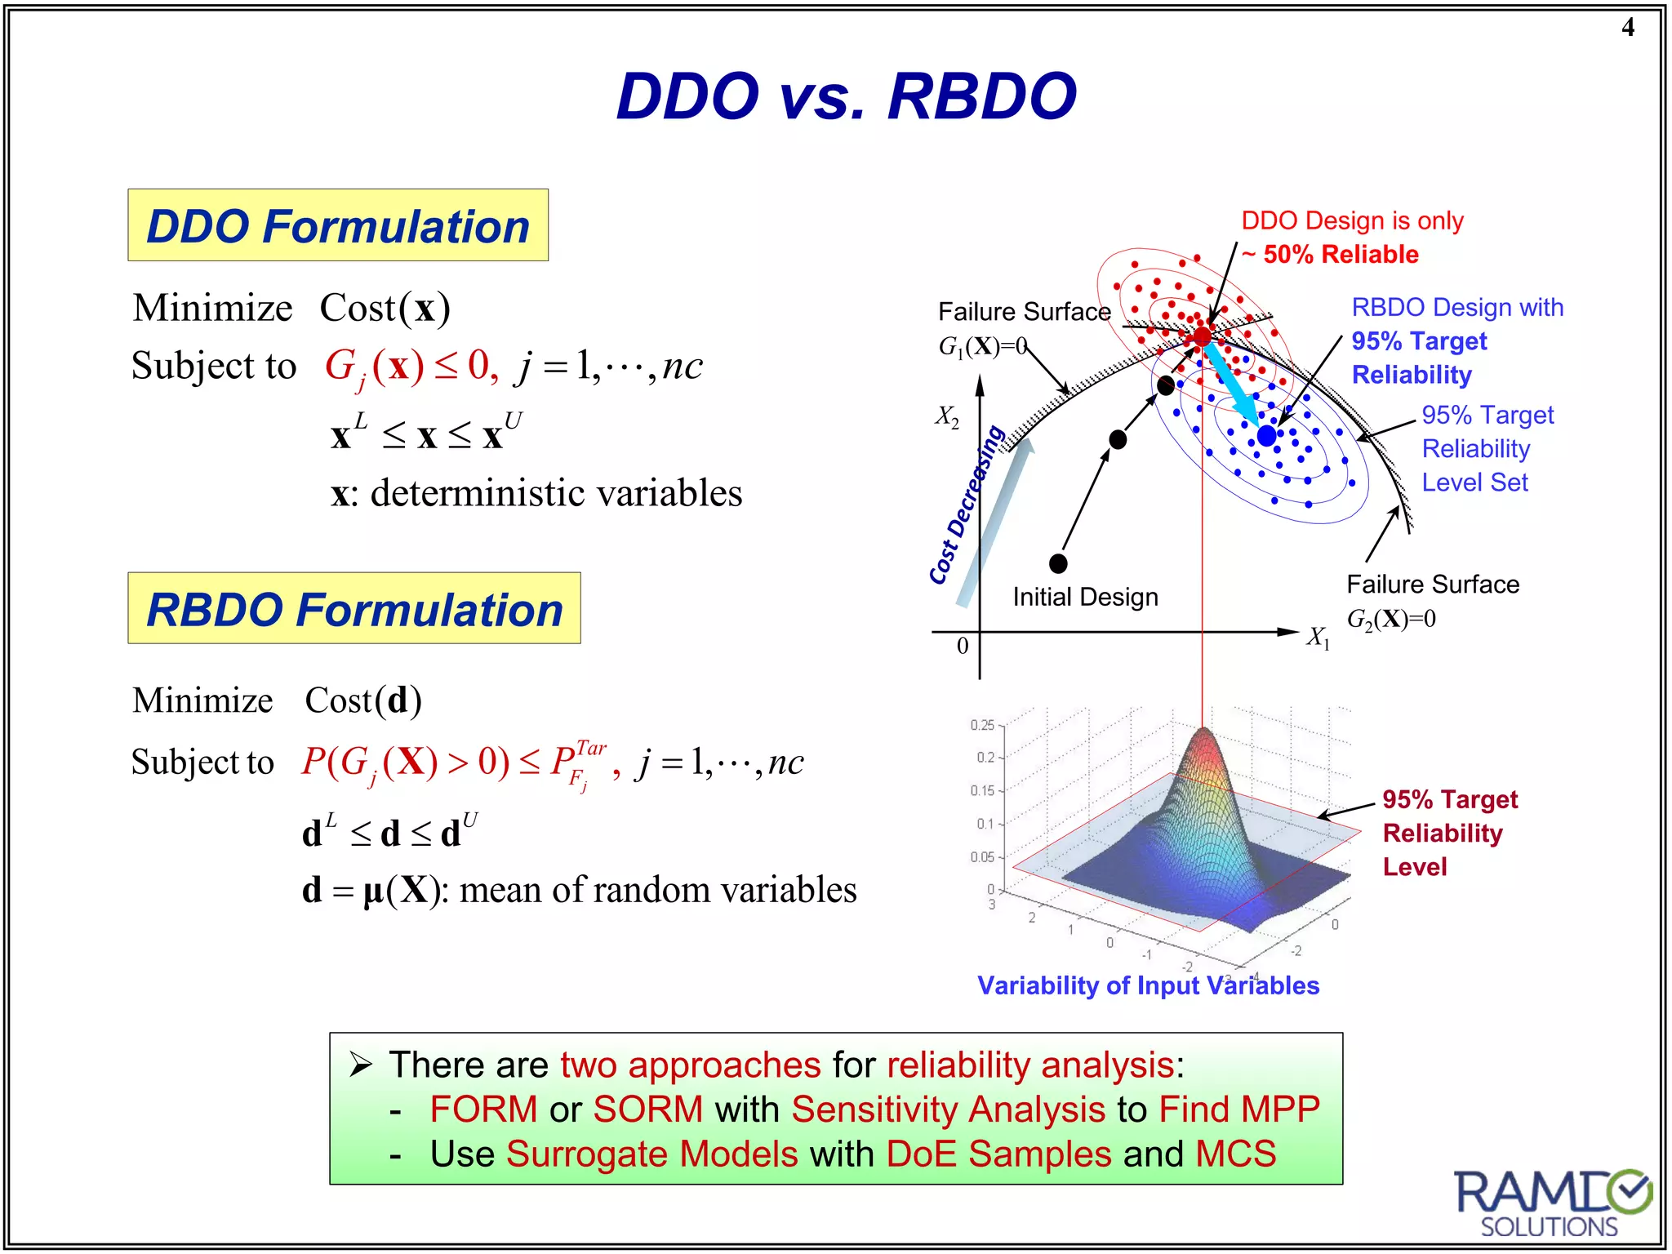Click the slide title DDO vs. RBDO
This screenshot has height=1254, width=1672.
[846, 96]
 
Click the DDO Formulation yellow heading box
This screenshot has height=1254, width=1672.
[338, 225]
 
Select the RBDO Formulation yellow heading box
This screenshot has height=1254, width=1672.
[354, 609]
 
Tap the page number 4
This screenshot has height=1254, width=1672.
[1627, 28]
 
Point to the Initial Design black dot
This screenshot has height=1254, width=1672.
[1058, 563]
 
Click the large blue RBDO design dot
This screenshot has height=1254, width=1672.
[1266, 436]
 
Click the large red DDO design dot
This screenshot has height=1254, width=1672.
[1202, 336]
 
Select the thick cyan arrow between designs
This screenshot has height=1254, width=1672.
[1232, 384]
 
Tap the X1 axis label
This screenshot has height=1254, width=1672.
[1318, 637]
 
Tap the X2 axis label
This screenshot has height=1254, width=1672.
[947, 416]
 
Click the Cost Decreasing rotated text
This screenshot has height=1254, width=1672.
[967, 506]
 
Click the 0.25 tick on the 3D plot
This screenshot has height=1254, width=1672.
[982, 725]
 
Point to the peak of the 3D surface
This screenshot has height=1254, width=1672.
[1203, 731]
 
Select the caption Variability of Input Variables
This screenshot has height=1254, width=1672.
[1148, 985]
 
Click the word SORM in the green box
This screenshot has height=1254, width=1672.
[647, 1109]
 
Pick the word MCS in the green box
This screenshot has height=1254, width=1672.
[1235, 1154]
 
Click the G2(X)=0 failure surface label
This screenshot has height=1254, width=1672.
[1391, 619]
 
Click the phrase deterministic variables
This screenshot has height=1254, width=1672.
[556, 493]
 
